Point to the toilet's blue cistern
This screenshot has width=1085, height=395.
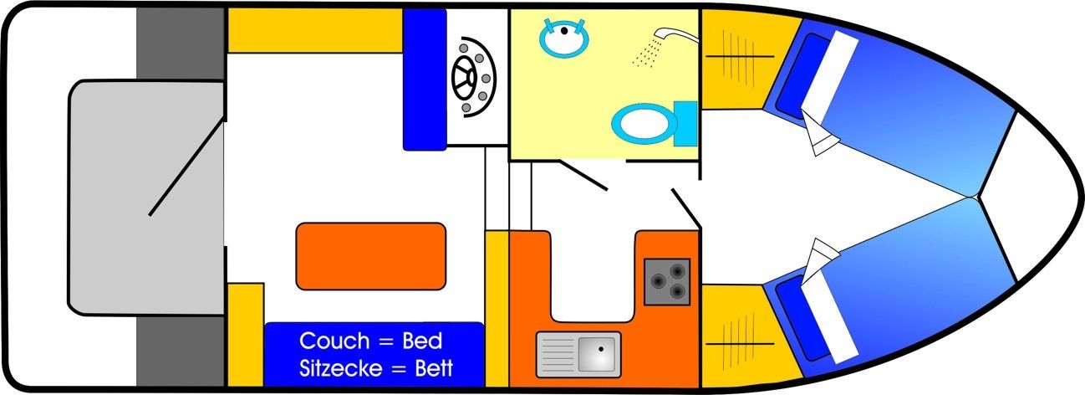click(686, 121)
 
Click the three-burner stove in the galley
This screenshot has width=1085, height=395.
click(666, 281)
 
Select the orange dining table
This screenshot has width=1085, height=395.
click(370, 255)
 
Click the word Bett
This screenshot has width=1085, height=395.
click(433, 367)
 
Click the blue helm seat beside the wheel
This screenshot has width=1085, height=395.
click(425, 80)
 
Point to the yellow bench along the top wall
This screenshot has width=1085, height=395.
click(314, 31)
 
